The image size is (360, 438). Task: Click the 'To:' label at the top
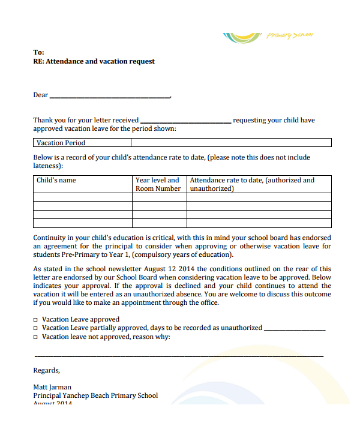pos(38,52)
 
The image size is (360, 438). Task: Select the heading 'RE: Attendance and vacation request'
pos(94,61)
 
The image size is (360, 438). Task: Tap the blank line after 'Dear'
pos(110,96)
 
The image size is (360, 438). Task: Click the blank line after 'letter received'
pos(185,121)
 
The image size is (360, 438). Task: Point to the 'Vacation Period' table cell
pos(61,143)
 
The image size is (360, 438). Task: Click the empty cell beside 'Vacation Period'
pos(231,143)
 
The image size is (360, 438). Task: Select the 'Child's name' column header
pos(56,180)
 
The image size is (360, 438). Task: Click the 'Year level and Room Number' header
pos(158,184)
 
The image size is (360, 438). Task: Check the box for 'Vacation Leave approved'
pos(36,320)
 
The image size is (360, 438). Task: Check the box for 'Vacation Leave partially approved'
pos(36,328)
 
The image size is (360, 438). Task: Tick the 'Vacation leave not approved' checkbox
pos(36,337)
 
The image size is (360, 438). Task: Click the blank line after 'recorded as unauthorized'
pos(295,329)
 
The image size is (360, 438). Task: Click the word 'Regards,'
pos(46,370)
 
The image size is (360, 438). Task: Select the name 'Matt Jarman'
pos(52,387)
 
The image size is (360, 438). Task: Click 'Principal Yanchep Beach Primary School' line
pos(95,395)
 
